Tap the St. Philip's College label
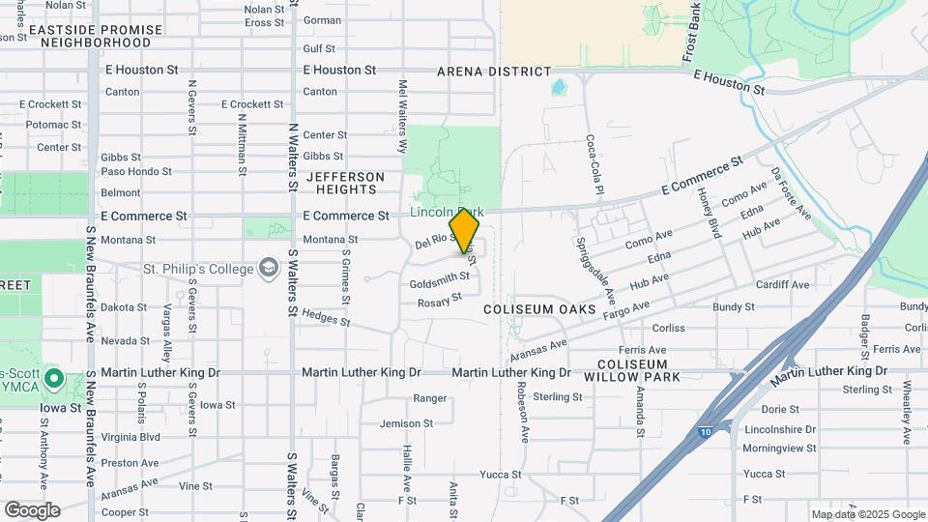[x=198, y=268]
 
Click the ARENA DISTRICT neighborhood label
[x=494, y=72]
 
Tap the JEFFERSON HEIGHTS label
[x=345, y=183]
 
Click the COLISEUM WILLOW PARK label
[x=632, y=369]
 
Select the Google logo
[x=32, y=509]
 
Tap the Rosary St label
[x=440, y=303]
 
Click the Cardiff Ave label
[x=782, y=284]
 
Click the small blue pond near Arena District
[x=558, y=88]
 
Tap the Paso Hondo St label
[x=136, y=172]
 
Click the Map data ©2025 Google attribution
[x=867, y=514]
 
